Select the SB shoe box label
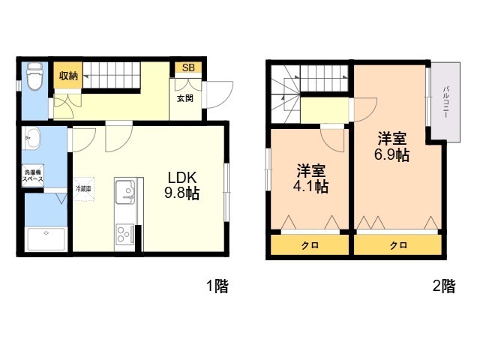[187, 68]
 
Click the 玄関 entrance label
[184, 98]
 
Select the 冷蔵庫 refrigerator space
[83, 189]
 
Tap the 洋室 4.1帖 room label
[310, 178]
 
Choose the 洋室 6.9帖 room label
[391, 147]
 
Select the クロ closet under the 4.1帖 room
[308, 246]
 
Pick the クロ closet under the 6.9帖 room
[397, 246]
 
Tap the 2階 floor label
[443, 286]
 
